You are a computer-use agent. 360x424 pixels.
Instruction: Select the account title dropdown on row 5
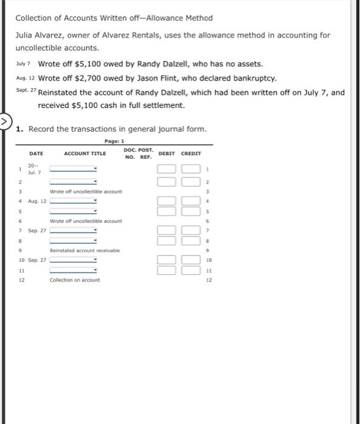point(73,211)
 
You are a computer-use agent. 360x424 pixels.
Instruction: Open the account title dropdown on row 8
point(73,240)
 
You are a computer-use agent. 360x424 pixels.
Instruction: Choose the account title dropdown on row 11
point(73,270)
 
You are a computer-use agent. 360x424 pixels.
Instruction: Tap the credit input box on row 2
point(190,182)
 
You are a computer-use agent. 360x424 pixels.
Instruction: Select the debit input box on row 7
point(168,230)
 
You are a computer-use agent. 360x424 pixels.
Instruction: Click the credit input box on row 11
point(190,270)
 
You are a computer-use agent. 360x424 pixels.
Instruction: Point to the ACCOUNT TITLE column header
point(85,154)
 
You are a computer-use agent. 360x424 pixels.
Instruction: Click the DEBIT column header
point(168,154)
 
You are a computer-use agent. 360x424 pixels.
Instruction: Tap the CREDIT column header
point(191,154)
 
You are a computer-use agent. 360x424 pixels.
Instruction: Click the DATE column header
point(36,154)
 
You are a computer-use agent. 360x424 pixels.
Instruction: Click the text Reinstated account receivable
point(85,250)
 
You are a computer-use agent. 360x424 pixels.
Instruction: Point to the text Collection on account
point(75,280)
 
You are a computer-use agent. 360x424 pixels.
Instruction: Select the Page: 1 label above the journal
point(114,141)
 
